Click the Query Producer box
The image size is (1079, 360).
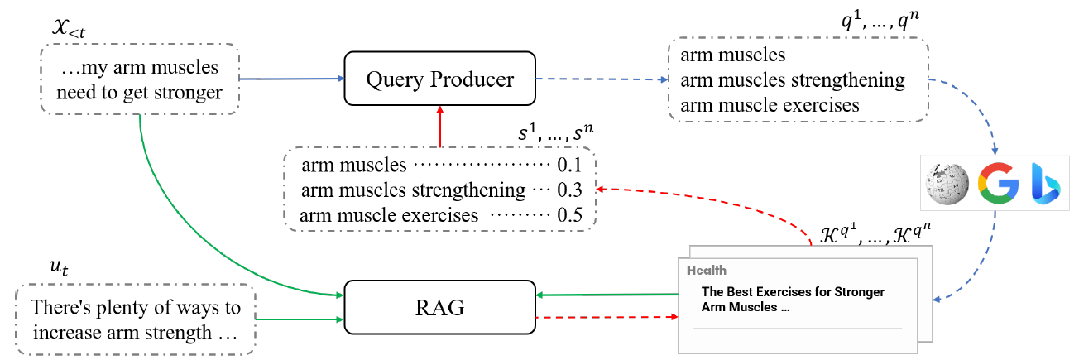[x=440, y=80]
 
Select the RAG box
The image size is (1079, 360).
[x=440, y=309]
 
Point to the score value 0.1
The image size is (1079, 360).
[x=569, y=166]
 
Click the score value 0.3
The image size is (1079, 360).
[x=569, y=190]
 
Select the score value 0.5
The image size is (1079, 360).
[x=569, y=215]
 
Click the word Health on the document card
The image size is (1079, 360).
[x=705, y=270]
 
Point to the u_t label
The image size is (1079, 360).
[x=60, y=268]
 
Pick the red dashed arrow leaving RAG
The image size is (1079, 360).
[x=604, y=316]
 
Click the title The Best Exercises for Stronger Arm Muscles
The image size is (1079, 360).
[x=793, y=299]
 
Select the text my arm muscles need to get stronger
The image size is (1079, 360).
[x=140, y=80]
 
